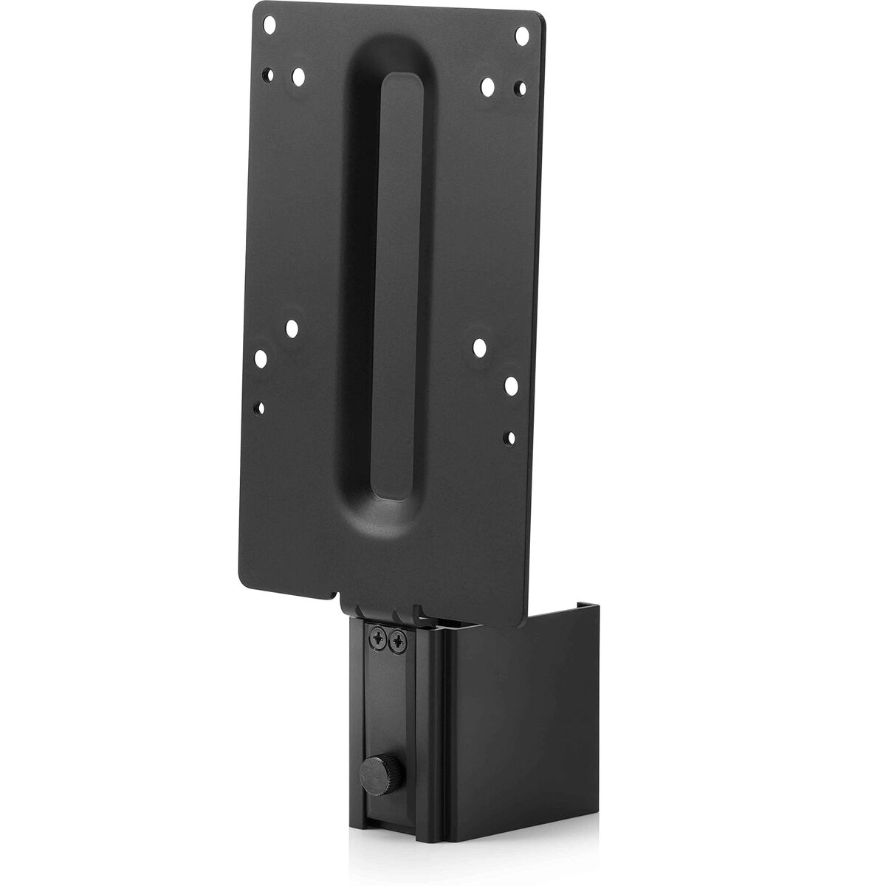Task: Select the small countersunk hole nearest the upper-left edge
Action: (272, 75)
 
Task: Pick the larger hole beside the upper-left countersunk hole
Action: (298, 76)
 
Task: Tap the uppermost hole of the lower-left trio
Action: (292, 326)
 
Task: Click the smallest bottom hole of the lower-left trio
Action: (259, 405)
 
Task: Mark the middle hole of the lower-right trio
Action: (510, 385)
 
